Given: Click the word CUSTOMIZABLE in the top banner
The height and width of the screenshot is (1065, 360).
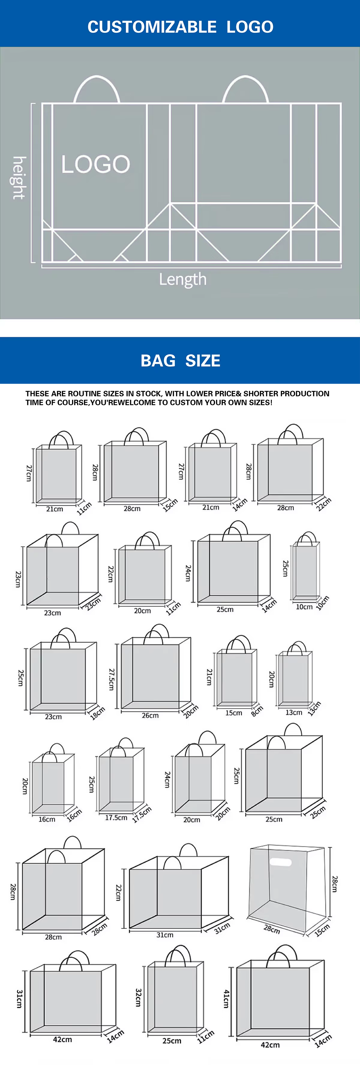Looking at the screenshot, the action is [x=152, y=27].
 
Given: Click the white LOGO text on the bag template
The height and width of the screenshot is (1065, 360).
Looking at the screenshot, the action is [x=95, y=164].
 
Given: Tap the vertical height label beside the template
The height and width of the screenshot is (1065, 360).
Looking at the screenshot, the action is [x=19, y=178].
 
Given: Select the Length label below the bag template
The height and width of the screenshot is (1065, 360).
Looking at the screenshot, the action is [x=183, y=280].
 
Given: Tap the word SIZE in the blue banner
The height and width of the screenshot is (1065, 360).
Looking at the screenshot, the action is [x=202, y=361].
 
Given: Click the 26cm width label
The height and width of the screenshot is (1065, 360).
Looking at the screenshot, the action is [x=150, y=715].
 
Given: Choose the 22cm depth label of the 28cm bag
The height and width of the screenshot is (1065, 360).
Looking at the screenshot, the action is [x=324, y=504].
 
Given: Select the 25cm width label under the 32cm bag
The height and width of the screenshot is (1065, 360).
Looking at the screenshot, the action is [x=172, y=1041].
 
